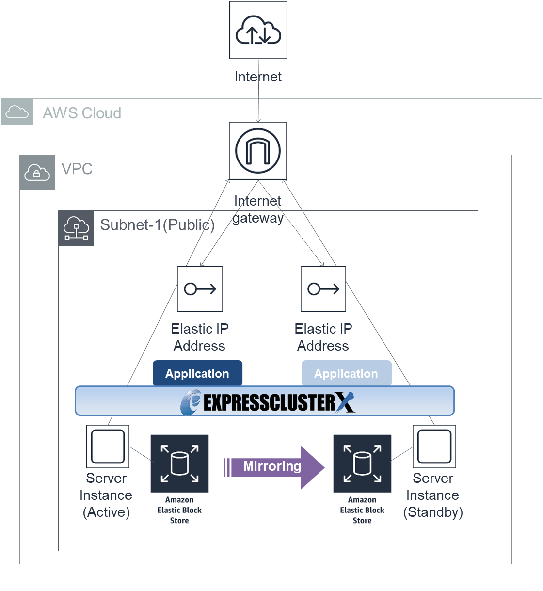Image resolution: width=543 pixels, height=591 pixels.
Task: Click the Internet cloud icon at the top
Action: pos(258,30)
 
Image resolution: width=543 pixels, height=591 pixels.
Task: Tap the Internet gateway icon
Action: pos(258,151)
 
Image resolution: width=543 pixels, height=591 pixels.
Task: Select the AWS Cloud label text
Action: pos(82,113)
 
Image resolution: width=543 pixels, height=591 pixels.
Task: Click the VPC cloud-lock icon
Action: pos(37,172)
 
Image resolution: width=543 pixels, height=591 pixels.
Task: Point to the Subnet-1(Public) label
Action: pos(157,225)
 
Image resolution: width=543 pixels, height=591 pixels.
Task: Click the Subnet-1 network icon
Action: pos(76,228)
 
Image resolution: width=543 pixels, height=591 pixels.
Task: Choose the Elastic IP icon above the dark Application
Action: pos(200,289)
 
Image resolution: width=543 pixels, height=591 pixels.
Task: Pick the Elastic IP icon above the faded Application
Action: pos(323,289)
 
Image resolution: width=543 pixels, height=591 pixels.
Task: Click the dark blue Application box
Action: pos(197,373)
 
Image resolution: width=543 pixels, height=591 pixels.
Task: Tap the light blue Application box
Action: pos(346,373)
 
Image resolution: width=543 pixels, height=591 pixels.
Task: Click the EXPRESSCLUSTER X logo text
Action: pos(268,402)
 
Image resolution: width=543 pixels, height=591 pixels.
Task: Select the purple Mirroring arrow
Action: pos(274,467)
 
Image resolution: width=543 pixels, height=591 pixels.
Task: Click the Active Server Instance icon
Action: pos(108,447)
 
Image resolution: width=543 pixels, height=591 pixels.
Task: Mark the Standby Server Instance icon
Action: pos(434,447)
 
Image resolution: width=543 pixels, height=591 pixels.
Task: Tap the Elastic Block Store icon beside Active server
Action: pos(179,463)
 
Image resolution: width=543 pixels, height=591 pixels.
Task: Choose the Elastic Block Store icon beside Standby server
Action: pos(362,463)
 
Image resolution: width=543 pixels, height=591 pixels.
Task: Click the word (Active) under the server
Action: pos(106,512)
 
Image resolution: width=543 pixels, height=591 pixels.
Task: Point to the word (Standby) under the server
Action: pos(433,512)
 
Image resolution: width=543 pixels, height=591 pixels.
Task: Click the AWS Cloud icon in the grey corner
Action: pos(17,112)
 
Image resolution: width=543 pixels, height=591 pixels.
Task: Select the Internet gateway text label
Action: pos(258,209)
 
